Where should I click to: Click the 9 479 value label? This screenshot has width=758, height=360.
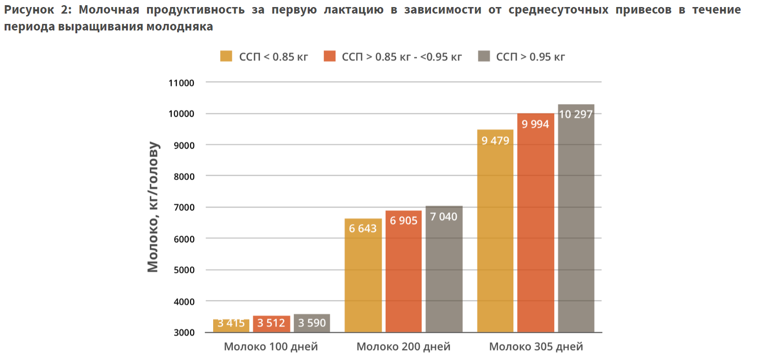coord(495,141)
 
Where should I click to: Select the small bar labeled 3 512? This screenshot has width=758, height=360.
coord(271,324)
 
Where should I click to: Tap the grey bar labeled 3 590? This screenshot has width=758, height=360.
coord(312,323)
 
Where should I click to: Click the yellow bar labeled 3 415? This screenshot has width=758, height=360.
coord(231,325)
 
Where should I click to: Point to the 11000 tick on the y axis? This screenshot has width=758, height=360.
coord(181,83)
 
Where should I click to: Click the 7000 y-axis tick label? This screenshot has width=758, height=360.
coord(184,207)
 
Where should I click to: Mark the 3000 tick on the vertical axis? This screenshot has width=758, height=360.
coord(184,332)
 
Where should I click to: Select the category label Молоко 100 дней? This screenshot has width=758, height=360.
coord(271,346)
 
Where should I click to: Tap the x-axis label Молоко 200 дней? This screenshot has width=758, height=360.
coord(403,346)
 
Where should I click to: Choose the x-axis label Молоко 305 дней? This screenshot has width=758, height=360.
coord(536,346)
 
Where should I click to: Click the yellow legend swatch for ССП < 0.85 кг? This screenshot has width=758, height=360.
coord(226,56)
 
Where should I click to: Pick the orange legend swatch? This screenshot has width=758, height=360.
coord(330,56)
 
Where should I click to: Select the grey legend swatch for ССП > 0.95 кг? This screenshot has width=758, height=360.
coord(484,56)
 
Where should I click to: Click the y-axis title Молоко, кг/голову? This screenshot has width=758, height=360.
coord(153,207)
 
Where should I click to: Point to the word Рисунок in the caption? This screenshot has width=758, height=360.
coord(29,10)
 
